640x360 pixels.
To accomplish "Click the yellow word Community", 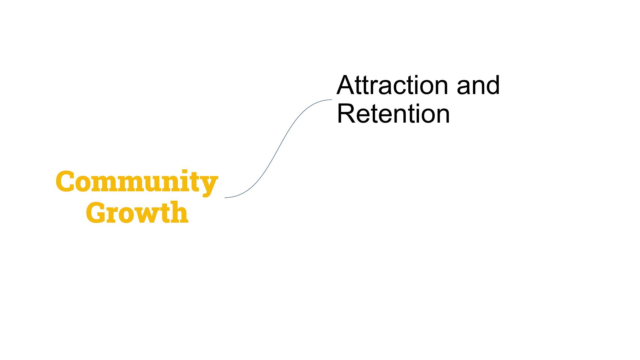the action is [137, 182].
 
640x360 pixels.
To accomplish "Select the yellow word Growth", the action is [137, 212].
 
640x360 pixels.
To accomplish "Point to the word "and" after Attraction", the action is [478, 85].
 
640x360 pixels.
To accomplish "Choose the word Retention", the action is [393, 114].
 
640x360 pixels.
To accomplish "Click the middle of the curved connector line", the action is [278, 148].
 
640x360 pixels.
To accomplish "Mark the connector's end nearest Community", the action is [225, 198].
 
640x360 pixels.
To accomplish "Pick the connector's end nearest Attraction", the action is [331, 100].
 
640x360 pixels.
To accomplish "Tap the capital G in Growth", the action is [96, 212].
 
